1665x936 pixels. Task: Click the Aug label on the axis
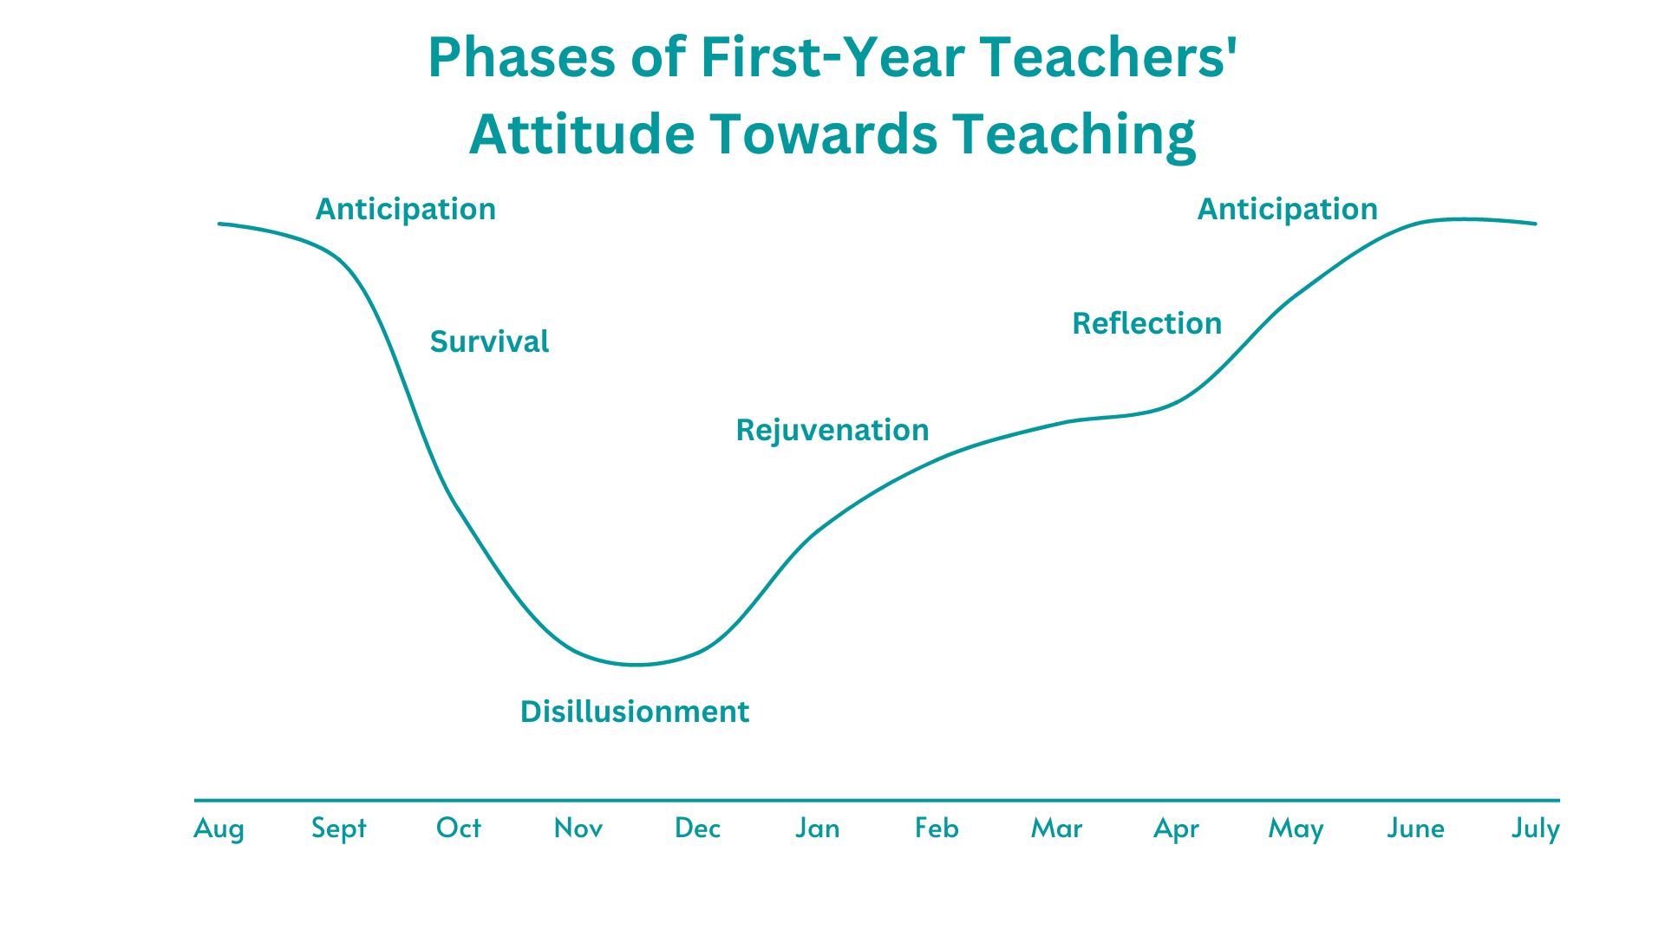click(x=219, y=829)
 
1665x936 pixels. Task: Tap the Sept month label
click(x=339, y=829)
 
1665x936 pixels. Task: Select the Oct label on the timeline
click(x=458, y=828)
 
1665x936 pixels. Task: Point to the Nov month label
click(x=578, y=828)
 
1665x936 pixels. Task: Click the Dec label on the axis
click(x=697, y=828)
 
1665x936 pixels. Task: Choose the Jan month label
click(x=817, y=828)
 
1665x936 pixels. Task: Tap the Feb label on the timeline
click(x=937, y=828)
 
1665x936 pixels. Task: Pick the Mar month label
click(x=1056, y=828)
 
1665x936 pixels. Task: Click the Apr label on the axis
click(x=1176, y=829)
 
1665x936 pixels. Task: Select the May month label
click(x=1296, y=829)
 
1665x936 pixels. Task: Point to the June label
click(x=1415, y=828)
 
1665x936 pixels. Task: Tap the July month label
click(x=1535, y=829)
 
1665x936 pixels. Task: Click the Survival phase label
click(x=489, y=341)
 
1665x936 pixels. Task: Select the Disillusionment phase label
click(x=634, y=712)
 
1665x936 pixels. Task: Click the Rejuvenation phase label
click(x=832, y=430)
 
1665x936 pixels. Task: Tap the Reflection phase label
click(x=1146, y=323)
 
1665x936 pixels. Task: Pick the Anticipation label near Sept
click(x=405, y=209)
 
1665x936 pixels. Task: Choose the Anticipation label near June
click(x=1287, y=209)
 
